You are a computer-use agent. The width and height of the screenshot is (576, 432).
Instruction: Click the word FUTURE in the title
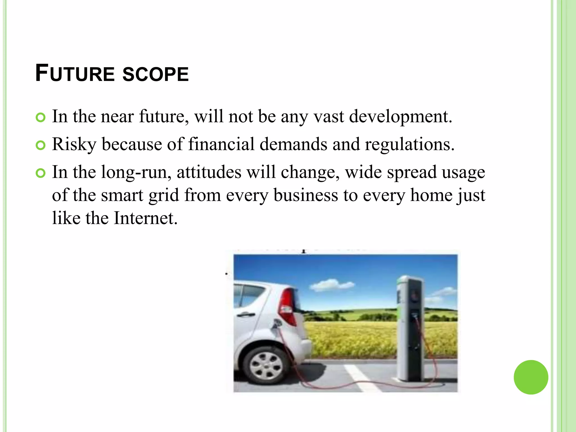75,74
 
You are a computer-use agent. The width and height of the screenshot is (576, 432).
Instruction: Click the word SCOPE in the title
156,74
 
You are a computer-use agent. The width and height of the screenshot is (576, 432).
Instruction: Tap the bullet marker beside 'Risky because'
41,145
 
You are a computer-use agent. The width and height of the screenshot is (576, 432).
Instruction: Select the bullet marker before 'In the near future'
41,118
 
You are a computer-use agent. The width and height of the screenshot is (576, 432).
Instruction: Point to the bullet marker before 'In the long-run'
41,173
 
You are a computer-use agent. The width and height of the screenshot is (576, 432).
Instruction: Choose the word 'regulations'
409,145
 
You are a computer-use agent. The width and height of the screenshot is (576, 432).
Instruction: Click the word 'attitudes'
209,172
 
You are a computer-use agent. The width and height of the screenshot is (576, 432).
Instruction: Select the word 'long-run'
136,173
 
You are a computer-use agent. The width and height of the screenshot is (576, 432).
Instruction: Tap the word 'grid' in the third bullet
164,196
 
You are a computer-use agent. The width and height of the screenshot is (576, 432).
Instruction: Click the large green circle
531,377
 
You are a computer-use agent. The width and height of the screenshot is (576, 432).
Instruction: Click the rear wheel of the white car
266,366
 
